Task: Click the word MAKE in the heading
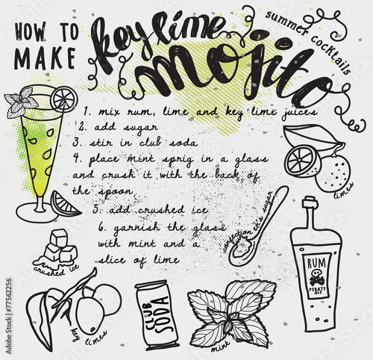(x=45, y=58)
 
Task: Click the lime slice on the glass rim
(x=64, y=99)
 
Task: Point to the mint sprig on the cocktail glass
(x=20, y=102)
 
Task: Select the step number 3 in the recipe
(x=76, y=143)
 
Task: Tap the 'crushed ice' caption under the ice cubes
(x=56, y=270)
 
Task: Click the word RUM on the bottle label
(x=316, y=264)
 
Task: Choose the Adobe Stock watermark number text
(x=9, y=316)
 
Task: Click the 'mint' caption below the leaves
(x=221, y=347)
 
